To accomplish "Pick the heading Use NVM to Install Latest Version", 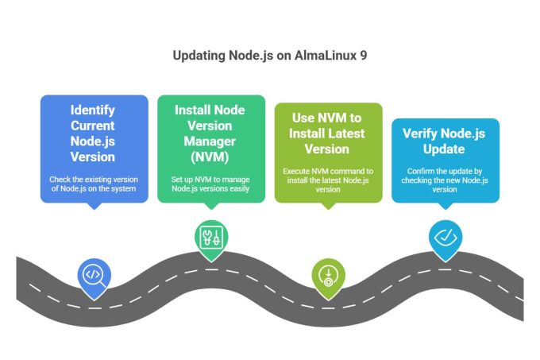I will pyautogui.click(x=328, y=133).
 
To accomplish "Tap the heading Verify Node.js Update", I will pyautogui.click(x=444, y=141).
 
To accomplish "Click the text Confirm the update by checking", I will pyautogui.click(x=444, y=176).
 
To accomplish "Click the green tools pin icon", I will pyautogui.click(x=210, y=236).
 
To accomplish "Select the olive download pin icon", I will pyautogui.click(x=328, y=275).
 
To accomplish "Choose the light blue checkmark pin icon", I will pyautogui.click(x=444, y=236).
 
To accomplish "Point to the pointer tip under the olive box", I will pyautogui.click(x=328, y=208).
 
